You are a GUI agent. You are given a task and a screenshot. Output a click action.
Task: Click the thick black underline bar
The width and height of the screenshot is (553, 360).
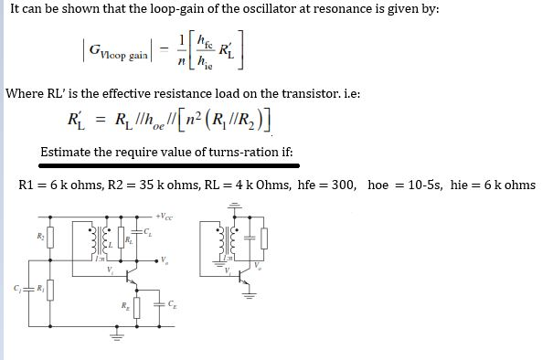[x=170, y=166]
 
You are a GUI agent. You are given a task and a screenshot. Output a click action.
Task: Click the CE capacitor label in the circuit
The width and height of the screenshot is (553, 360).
[x=173, y=302]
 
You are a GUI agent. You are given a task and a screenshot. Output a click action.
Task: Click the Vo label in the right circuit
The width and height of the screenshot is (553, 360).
[x=257, y=268]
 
